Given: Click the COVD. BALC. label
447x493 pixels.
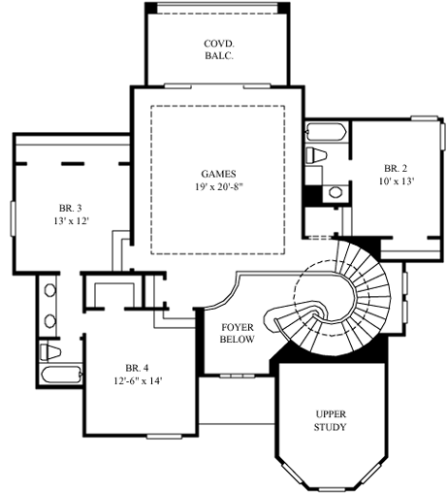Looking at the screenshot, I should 217,50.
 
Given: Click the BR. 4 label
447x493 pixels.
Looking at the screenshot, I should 137,368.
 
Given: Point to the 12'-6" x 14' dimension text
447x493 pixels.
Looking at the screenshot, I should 137,381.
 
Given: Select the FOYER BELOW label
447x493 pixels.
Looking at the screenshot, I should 238,334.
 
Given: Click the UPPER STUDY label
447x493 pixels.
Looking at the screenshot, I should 331,420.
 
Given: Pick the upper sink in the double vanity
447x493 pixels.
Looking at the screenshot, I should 49,290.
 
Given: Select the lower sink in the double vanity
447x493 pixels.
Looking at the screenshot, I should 49,318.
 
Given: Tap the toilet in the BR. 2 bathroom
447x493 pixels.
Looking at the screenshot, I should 316,156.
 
